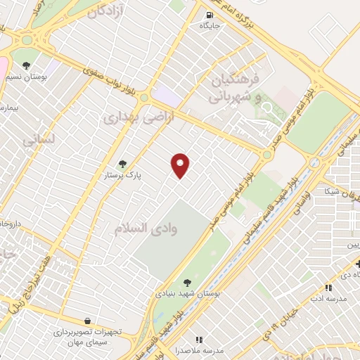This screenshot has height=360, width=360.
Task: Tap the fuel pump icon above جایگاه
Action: (x=210, y=15)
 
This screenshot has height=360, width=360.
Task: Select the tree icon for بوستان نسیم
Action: (x=27, y=65)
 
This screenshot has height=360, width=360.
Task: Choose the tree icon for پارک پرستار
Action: (x=122, y=164)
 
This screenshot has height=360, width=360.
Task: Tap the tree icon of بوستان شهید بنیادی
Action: (x=186, y=282)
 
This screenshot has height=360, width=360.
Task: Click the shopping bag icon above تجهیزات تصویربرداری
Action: (x=86, y=321)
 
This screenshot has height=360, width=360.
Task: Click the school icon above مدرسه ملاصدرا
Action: (x=198, y=339)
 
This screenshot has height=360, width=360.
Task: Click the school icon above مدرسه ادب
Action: (x=328, y=287)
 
